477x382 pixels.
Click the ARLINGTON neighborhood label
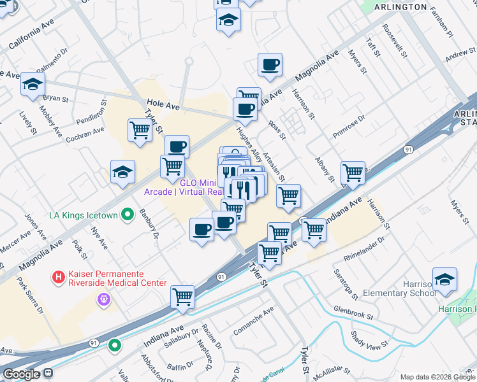[x=400, y=7]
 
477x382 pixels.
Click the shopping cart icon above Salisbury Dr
[x=183, y=297]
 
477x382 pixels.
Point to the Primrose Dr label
[x=348, y=127]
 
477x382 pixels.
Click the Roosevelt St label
[x=395, y=42]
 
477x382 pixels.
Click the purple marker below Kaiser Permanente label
[x=101, y=298]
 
